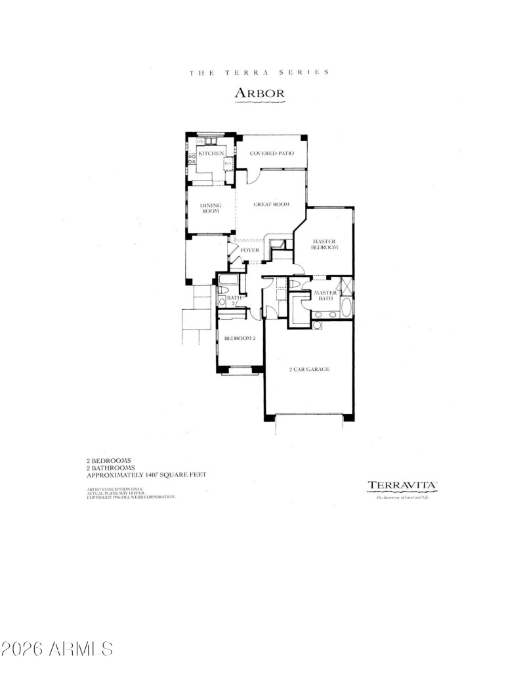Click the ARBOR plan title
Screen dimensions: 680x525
click(x=260, y=93)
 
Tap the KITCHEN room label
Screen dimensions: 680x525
click(x=211, y=154)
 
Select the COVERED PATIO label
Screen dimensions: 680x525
click(x=271, y=154)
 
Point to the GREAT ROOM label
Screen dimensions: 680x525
click(x=272, y=205)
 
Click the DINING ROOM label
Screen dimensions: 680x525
click(x=211, y=208)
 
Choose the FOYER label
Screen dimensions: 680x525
click(x=249, y=251)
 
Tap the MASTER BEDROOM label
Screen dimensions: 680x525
click(x=324, y=245)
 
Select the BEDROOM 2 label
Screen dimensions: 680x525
click(x=240, y=339)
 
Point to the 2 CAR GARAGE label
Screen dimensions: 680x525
click(x=309, y=370)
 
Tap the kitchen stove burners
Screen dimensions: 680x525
click(x=192, y=160)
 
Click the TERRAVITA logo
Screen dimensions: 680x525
click(x=402, y=486)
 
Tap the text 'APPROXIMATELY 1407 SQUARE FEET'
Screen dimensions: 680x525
click(x=147, y=475)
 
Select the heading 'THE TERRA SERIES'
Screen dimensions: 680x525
click(x=259, y=73)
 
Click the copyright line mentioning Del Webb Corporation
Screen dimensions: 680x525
click(x=131, y=498)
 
